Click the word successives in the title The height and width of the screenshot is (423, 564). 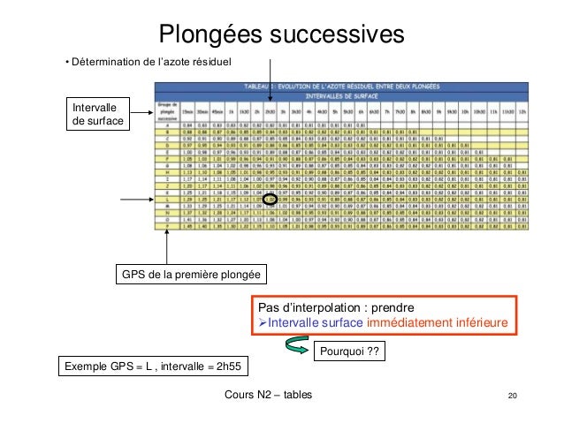pos(332,34)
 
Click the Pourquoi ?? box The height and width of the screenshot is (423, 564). pos(350,352)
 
